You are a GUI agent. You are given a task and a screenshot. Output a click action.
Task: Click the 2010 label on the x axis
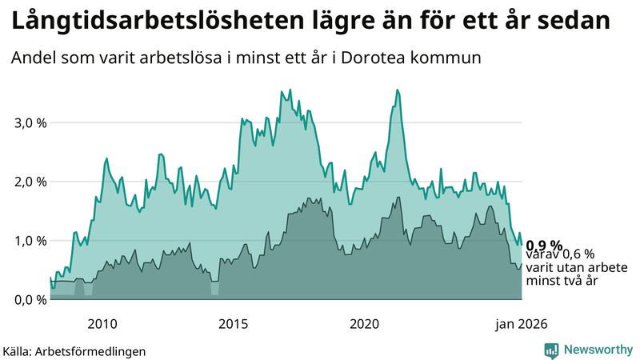(102, 323)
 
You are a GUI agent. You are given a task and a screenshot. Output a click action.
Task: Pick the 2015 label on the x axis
(234, 323)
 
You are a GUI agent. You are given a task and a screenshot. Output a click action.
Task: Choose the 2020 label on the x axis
(365, 323)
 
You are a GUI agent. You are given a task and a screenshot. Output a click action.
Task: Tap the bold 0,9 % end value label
(544, 245)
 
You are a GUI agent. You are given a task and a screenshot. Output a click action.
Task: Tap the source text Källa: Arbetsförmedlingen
(74, 350)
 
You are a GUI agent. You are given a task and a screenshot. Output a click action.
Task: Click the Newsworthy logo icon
(552, 350)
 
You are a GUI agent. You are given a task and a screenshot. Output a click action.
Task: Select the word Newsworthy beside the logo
(596, 350)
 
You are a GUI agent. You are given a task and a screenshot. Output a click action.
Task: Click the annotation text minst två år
(562, 281)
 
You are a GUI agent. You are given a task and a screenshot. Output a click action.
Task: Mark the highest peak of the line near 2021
(398, 90)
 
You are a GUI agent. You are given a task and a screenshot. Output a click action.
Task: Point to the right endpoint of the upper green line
(522, 245)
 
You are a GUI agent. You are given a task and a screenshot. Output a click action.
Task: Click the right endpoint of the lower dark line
(522, 264)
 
